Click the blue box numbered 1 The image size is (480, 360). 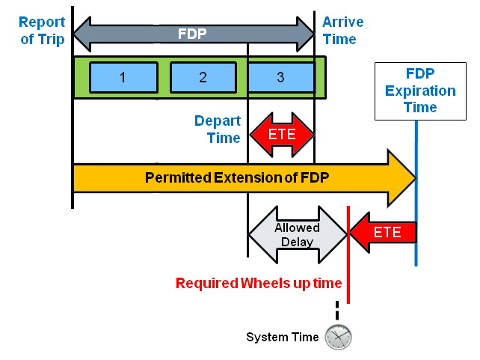click(123, 77)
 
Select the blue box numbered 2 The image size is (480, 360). click(203, 77)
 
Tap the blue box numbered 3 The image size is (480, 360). click(280, 77)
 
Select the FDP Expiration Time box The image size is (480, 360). click(419, 91)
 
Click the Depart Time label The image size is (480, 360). click(218, 129)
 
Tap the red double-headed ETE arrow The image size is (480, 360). click(281, 135)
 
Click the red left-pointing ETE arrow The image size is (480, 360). click(383, 232)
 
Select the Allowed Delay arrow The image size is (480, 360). click(297, 235)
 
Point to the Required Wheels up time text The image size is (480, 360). click(259, 283)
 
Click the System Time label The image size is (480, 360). click(282, 337)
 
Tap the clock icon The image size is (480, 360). click(338, 337)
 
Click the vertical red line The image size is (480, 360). click(348, 254)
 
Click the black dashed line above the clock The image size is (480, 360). click(337, 311)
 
